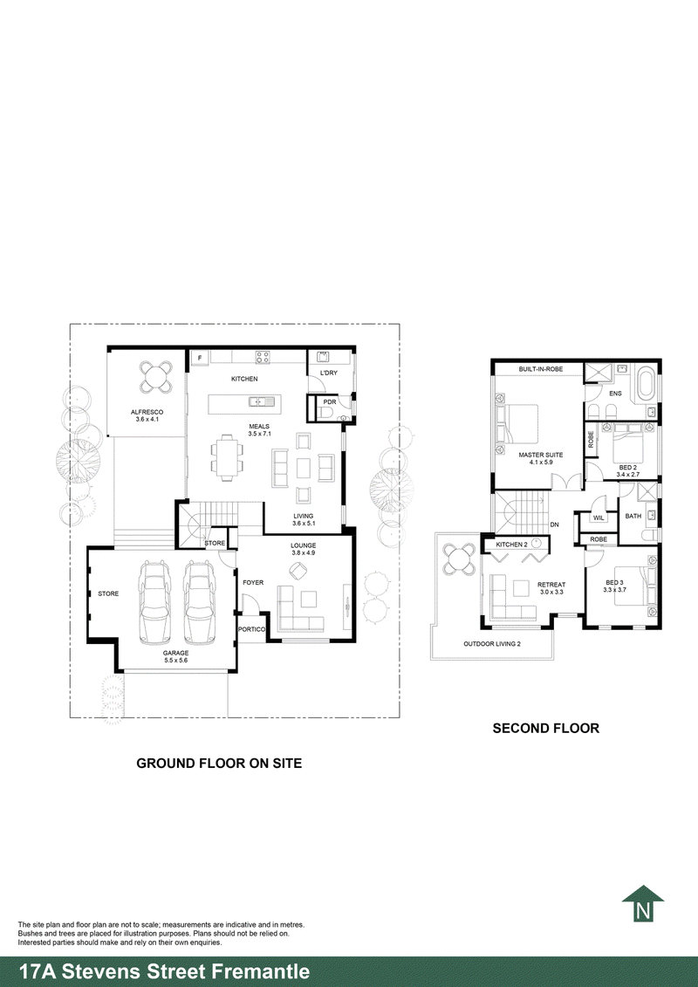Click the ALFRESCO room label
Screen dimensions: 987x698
pyautogui.click(x=147, y=412)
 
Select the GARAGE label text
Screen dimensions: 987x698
pyautogui.click(x=174, y=652)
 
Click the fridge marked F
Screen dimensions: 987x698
pyautogui.click(x=199, y=358)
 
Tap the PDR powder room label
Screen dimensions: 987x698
pyautogui.click(x=329, y=402)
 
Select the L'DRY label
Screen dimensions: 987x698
pyautogui.click(x=329, y=374)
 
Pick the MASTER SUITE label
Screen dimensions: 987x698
pyautogui.click(x=540, y=455)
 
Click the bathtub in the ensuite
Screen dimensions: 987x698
pyautogui.click(x=647, y=385)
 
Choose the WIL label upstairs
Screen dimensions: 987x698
pyautogui.click(x=599, y=517)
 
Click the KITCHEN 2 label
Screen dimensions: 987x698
pyautogui.click(x=511, y=545)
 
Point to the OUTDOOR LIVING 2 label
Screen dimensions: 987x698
pyautogui.click(x=491, y=644)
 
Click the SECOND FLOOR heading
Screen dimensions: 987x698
pyautogui.click(x=545, y=728)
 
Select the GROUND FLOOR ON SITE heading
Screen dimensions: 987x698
pyautogui.click(x=219, y=763)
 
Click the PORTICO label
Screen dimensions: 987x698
pyautogui.click(x=251, y=628)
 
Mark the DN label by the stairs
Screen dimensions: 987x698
pyautogui.click(x=555, y=524)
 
